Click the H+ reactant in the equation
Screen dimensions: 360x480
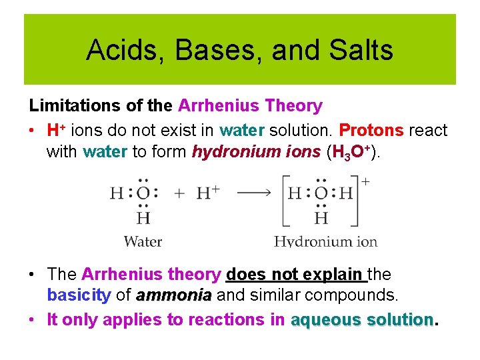(x=208, y=193)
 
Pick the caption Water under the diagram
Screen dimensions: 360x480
(x=143, y=241)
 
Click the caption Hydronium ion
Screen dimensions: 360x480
(x=325, y=241)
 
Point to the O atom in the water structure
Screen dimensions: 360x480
(x=143, y=194)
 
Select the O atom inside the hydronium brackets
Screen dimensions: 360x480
(x=321, y=194)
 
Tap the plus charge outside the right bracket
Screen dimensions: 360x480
(x=366, y=181)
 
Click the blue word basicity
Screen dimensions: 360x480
(x=79, y=295)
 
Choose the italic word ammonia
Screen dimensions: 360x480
(x=173, y=295)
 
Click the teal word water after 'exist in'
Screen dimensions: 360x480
(x=243, y=130)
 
